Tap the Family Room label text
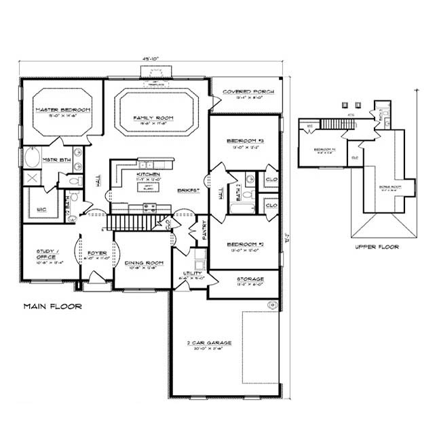pos(153,118)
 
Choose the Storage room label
pos(250,279)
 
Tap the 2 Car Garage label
pos(210,343)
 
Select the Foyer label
pos(97,254)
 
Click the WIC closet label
pos(41,209)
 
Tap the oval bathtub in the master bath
pos(33,159)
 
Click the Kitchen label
pos(148,174)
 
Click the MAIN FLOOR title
pos(53,306)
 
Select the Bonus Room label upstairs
pos(388,186)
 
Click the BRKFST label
pos(188,191)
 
